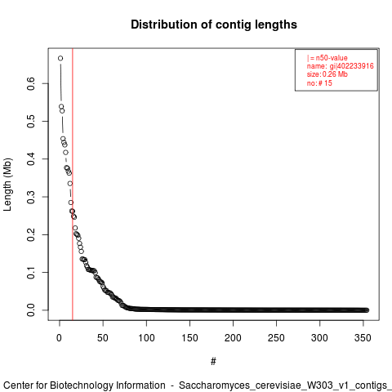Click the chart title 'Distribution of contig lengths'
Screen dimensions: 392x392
click(214, 24)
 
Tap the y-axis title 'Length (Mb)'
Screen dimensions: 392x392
click(7, 185)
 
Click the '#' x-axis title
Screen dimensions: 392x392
click(213, 362)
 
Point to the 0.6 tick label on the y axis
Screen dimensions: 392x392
click(31, 83)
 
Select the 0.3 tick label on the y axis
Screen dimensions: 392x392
click(31, 197)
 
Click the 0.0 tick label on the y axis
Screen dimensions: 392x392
click(31, 310)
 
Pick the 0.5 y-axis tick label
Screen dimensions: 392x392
click(31, 121)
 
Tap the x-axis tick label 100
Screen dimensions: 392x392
click(146, 338)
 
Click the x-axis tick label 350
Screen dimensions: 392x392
click(363, 338)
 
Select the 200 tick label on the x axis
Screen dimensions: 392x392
click(233, 338)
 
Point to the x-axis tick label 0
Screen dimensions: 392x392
click(60, 338)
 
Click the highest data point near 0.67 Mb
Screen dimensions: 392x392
click(60, 58)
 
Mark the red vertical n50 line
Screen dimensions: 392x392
click(73, 185)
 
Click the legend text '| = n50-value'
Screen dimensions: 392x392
click(327, 58)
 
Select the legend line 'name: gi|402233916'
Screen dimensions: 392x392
click(341, 66)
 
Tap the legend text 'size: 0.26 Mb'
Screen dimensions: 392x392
click(327, 74)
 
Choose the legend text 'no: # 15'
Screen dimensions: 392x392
click(319, 82)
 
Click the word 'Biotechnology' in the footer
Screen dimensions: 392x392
click(108, 385)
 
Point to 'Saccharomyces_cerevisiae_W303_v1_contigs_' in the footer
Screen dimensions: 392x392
click(285, 385)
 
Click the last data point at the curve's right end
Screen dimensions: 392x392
click(367, 310)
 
